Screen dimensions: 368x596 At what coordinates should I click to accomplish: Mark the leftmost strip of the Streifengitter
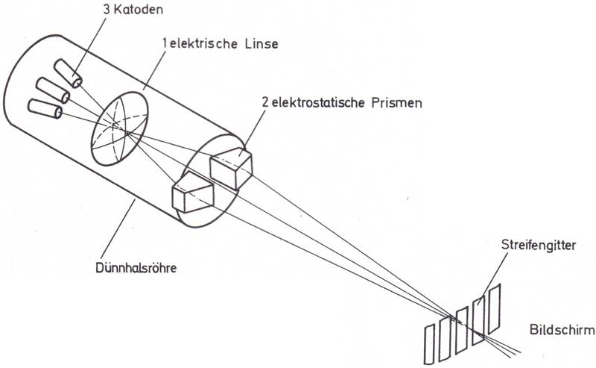tap(429, 343)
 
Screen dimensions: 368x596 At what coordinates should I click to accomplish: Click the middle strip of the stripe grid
tap(462, 326)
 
